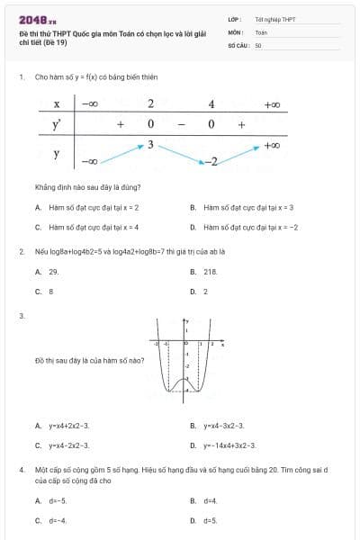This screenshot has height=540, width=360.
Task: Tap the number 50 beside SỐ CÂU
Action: click(x=258, y=44)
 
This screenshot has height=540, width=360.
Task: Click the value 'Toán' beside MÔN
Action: click(x=261, y=31)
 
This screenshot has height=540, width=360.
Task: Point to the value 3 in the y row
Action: click(x=151, y=144)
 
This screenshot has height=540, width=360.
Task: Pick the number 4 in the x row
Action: click(x=211, y=104)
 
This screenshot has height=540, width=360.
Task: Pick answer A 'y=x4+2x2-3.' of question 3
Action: click(x=68, y=425)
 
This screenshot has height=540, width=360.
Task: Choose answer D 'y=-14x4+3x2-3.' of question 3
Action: click(x=229, y=445)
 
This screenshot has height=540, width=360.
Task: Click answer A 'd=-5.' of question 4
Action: click(x=58, y=500)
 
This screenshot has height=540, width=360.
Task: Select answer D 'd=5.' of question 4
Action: click(x=210, y=520)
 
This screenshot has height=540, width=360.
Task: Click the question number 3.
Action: click(x=21, y=316)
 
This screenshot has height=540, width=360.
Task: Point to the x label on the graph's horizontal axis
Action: click(x=223, y=344)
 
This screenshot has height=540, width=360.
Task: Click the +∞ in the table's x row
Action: click(x=273, y=104)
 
